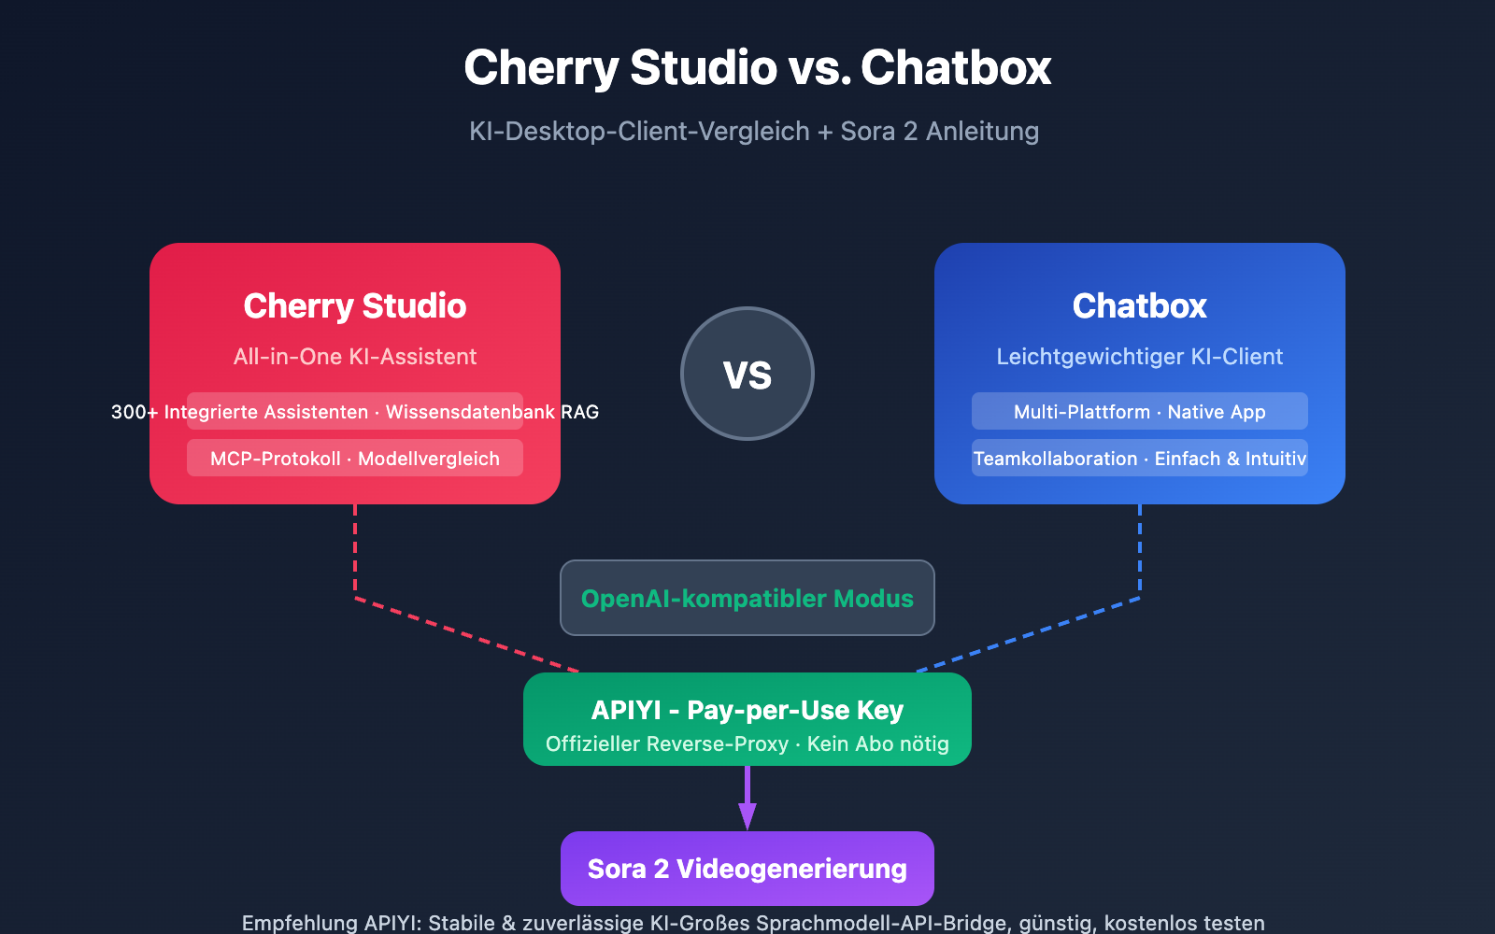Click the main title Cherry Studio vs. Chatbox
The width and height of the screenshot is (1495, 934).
[x=757, y=68]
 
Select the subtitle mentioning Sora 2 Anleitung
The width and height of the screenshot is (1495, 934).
[x=753, y=131]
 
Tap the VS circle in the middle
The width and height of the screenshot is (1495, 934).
[x=747, y=374]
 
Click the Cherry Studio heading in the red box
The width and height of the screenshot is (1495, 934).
[x=355, y=305]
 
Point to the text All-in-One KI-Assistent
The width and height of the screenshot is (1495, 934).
[x=355, y=356]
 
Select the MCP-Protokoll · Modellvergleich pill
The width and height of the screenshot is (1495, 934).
[x=355, y=459]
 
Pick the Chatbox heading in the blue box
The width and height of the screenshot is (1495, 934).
[x=1140, y=305]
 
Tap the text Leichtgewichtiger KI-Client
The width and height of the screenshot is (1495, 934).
[x=1140, y=356]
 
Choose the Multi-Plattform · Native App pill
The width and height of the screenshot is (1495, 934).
[x=1140, y=412]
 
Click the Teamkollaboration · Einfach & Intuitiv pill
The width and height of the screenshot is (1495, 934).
[x=1140, y=459]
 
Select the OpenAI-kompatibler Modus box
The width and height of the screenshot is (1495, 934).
[x=747, y=598]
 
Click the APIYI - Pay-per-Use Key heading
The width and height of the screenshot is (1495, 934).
[x=747, y=710]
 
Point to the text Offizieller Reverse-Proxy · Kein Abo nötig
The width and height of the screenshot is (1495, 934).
[x=747, y=743]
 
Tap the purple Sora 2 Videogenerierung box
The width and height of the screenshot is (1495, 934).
[x=747, y=869]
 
